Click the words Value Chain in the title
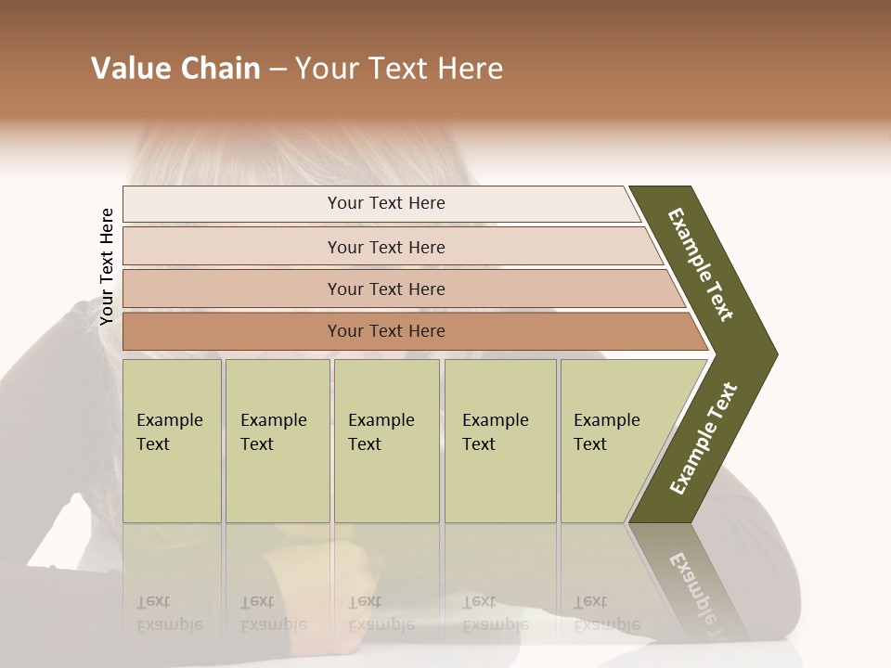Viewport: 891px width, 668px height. tap(175, 69)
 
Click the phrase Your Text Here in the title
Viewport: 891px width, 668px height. tap(399, 69)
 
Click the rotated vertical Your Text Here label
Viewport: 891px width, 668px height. tap(107, 266)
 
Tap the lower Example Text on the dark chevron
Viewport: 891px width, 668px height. tap(703, 439)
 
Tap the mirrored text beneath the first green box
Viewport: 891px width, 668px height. tap(169, 613)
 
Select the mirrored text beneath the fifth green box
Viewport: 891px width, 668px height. tap(606, 613)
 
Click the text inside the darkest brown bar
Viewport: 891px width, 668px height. tap(386, 331)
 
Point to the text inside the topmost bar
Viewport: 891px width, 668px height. tap(386, 203)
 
